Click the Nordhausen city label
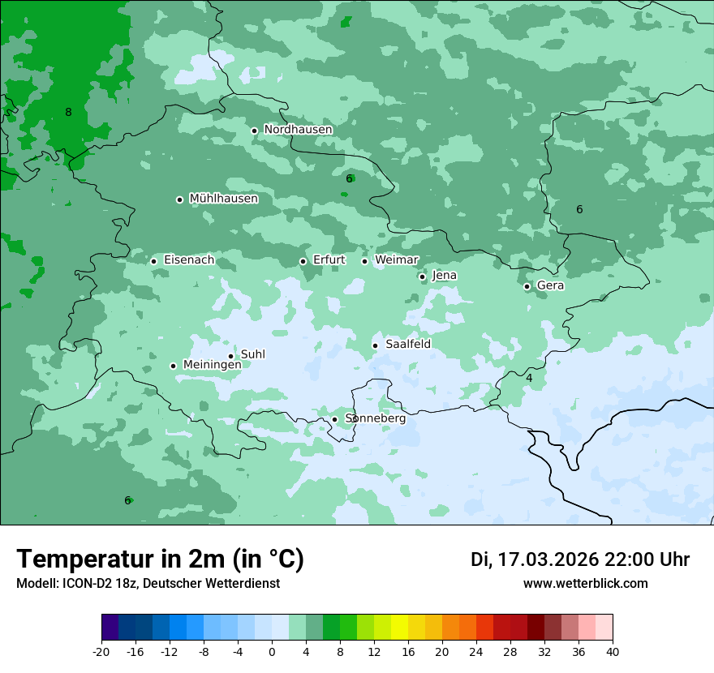pos(298,130)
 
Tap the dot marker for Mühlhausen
pos(179,199)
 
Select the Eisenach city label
pos(189,260)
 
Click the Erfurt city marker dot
pos(303,261)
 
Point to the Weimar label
pos(396,260)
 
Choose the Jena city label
pos(444,276)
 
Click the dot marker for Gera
pos(527,286)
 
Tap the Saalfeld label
pos(407,345)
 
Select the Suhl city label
pos(253,355)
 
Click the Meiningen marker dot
pos(173,366)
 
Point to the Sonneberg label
pos(375,418)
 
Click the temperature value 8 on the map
pos(68,113)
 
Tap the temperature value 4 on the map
pos(529,379)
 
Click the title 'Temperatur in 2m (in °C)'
pos(161,559)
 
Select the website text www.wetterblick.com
pos(585,584)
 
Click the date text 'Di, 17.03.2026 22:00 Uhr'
pos(580,560)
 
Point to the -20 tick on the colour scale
pos(101,652)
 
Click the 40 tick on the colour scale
pos(613,652)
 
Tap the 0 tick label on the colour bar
pos(272,652)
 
